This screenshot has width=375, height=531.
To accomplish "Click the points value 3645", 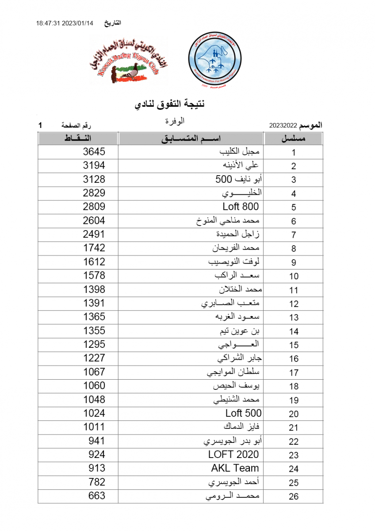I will click(x=94, y=152).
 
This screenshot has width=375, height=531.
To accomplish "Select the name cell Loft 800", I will click(x=241, y=207).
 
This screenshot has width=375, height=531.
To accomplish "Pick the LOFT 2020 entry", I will click(x=233, y=454).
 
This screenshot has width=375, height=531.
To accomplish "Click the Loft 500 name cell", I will click(x=243, y=413).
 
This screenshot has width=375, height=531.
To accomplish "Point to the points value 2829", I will click(x=94, y=193).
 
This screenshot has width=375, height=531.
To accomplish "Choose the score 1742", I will click(x=94, y=248).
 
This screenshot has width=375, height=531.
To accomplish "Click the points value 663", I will click(x=94, y=496).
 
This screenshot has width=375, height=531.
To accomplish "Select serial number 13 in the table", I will click(x=294, y=318).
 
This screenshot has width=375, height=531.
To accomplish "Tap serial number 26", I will click(x=294, y=496).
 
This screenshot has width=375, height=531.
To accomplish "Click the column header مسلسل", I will click(x=294, y=139).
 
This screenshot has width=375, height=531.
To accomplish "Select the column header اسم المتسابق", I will click(x=191, y=139).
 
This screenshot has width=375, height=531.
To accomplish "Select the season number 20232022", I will click(x=283, y=126).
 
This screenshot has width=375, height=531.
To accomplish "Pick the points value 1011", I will click(x=94, y=427).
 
